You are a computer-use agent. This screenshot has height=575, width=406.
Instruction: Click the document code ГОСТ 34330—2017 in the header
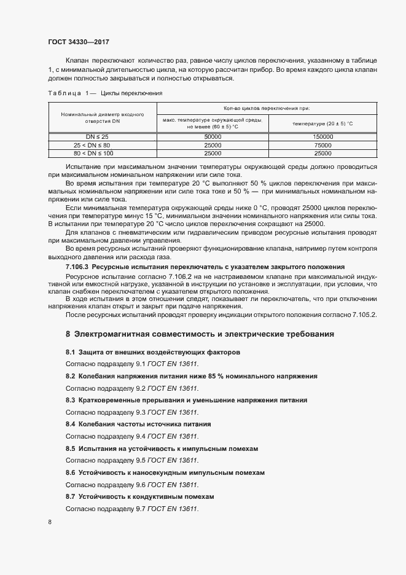point(78,42)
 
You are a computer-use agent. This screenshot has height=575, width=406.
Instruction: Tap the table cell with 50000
point(213,136)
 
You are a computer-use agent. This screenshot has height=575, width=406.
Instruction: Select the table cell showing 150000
point(322,136)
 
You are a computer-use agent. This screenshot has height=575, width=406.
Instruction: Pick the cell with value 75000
point(322,145)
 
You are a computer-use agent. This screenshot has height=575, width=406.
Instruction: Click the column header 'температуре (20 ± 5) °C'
point(322,123)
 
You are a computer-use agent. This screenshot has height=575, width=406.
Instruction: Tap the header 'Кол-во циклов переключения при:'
point(267,107)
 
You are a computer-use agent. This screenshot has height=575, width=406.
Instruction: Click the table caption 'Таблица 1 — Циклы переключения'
point(104,93)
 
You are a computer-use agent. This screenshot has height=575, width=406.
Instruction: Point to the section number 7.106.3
point(77,267)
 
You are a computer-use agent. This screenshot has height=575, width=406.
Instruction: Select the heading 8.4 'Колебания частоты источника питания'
point(138,424)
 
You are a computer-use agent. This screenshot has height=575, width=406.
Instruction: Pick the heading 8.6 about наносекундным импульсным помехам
point(165,472)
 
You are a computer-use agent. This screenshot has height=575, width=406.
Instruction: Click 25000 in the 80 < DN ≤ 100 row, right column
point(322,153)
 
